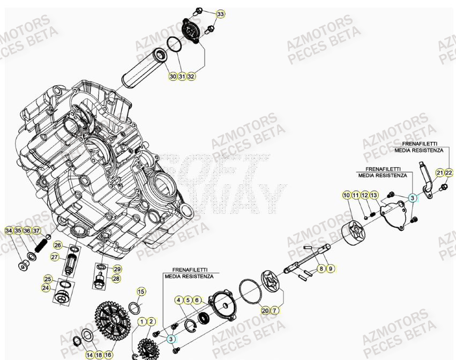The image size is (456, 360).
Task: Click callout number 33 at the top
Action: (221, 13)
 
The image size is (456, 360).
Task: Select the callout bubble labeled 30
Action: (173, 77)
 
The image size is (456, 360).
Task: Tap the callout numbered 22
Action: (448, 172)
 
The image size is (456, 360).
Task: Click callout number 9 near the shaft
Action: (330, 268)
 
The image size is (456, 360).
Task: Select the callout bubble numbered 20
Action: (265, 310)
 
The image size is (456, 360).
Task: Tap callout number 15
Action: (141, 292)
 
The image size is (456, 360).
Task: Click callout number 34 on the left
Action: (9, 231)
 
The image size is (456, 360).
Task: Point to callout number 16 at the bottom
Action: (108, 355)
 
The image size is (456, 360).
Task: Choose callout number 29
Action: (117, 269)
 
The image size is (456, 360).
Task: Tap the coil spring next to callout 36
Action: (39, 247)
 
